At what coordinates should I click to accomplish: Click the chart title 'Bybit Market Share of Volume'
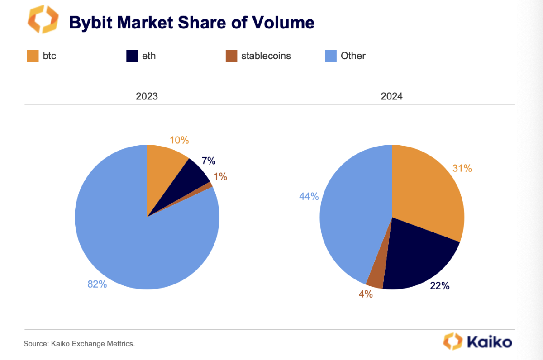(191, 22)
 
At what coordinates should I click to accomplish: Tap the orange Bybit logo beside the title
(43, 20)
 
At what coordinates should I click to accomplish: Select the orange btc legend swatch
(33, 56)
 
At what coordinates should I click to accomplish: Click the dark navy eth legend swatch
(132, 56)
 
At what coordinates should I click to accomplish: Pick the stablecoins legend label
(266, 56)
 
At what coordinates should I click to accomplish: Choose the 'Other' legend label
(353, 56)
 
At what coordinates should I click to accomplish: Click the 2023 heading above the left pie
(147, 96)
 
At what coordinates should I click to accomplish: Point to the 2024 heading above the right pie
(391, 96)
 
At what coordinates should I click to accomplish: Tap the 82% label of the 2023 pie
(97, 284)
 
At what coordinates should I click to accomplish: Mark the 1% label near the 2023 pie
(220, 177)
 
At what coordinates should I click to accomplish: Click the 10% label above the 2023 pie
(179, 140)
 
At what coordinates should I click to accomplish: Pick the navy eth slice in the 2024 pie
(416, 258)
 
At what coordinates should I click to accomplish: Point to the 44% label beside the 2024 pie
(309, 197)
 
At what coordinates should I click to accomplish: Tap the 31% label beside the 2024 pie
(462, 169)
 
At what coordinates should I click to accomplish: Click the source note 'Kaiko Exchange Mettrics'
(79, 344)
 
